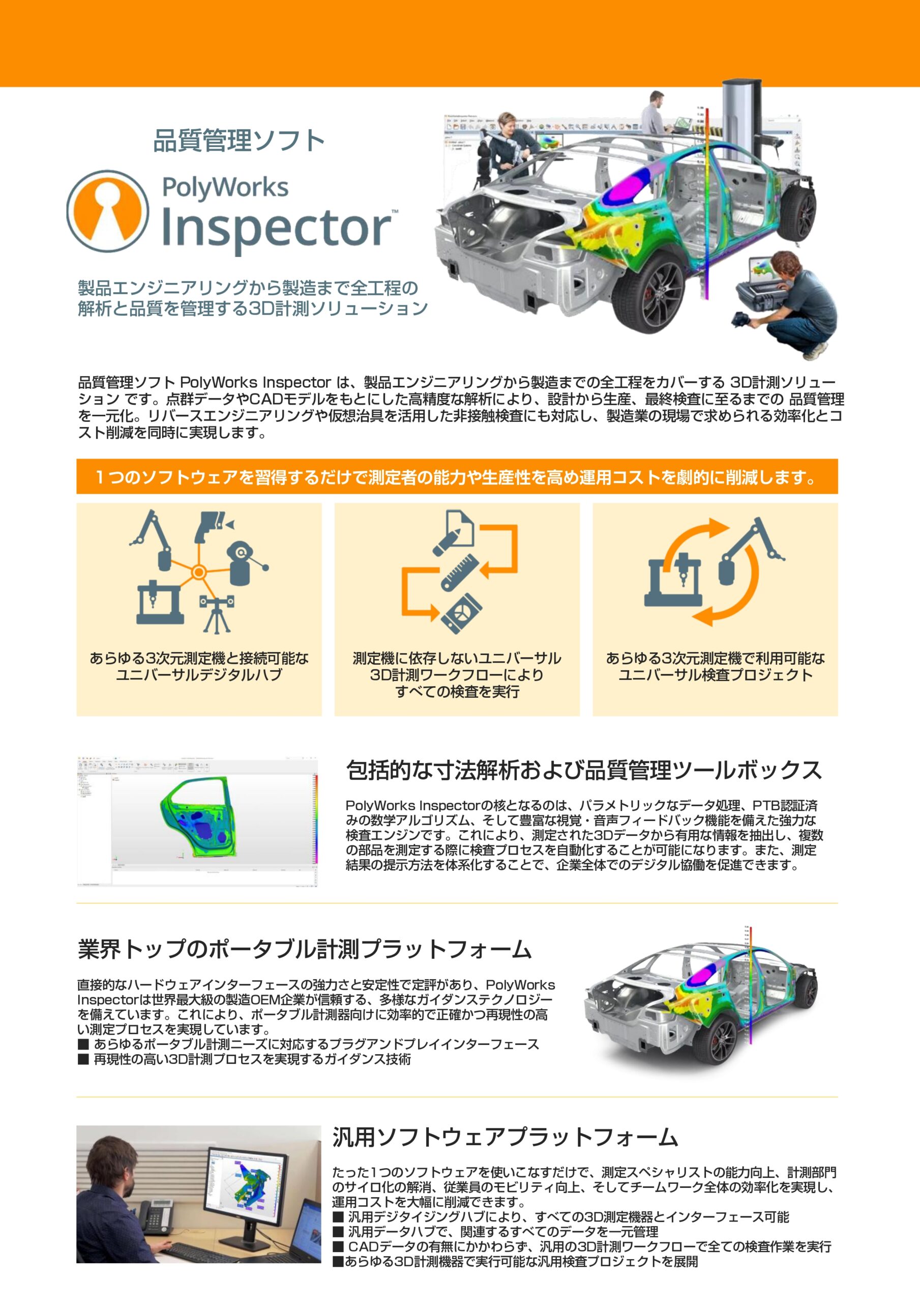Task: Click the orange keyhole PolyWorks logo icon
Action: point(108,211)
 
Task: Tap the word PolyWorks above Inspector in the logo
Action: point(225,187)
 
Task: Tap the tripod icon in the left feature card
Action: point(217,614)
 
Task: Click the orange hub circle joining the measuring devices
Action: point(198,572)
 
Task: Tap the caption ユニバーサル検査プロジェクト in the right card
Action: point(715,675)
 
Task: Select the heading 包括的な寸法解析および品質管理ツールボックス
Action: point(584,770)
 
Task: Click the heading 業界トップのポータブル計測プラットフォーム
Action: point(305,949)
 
